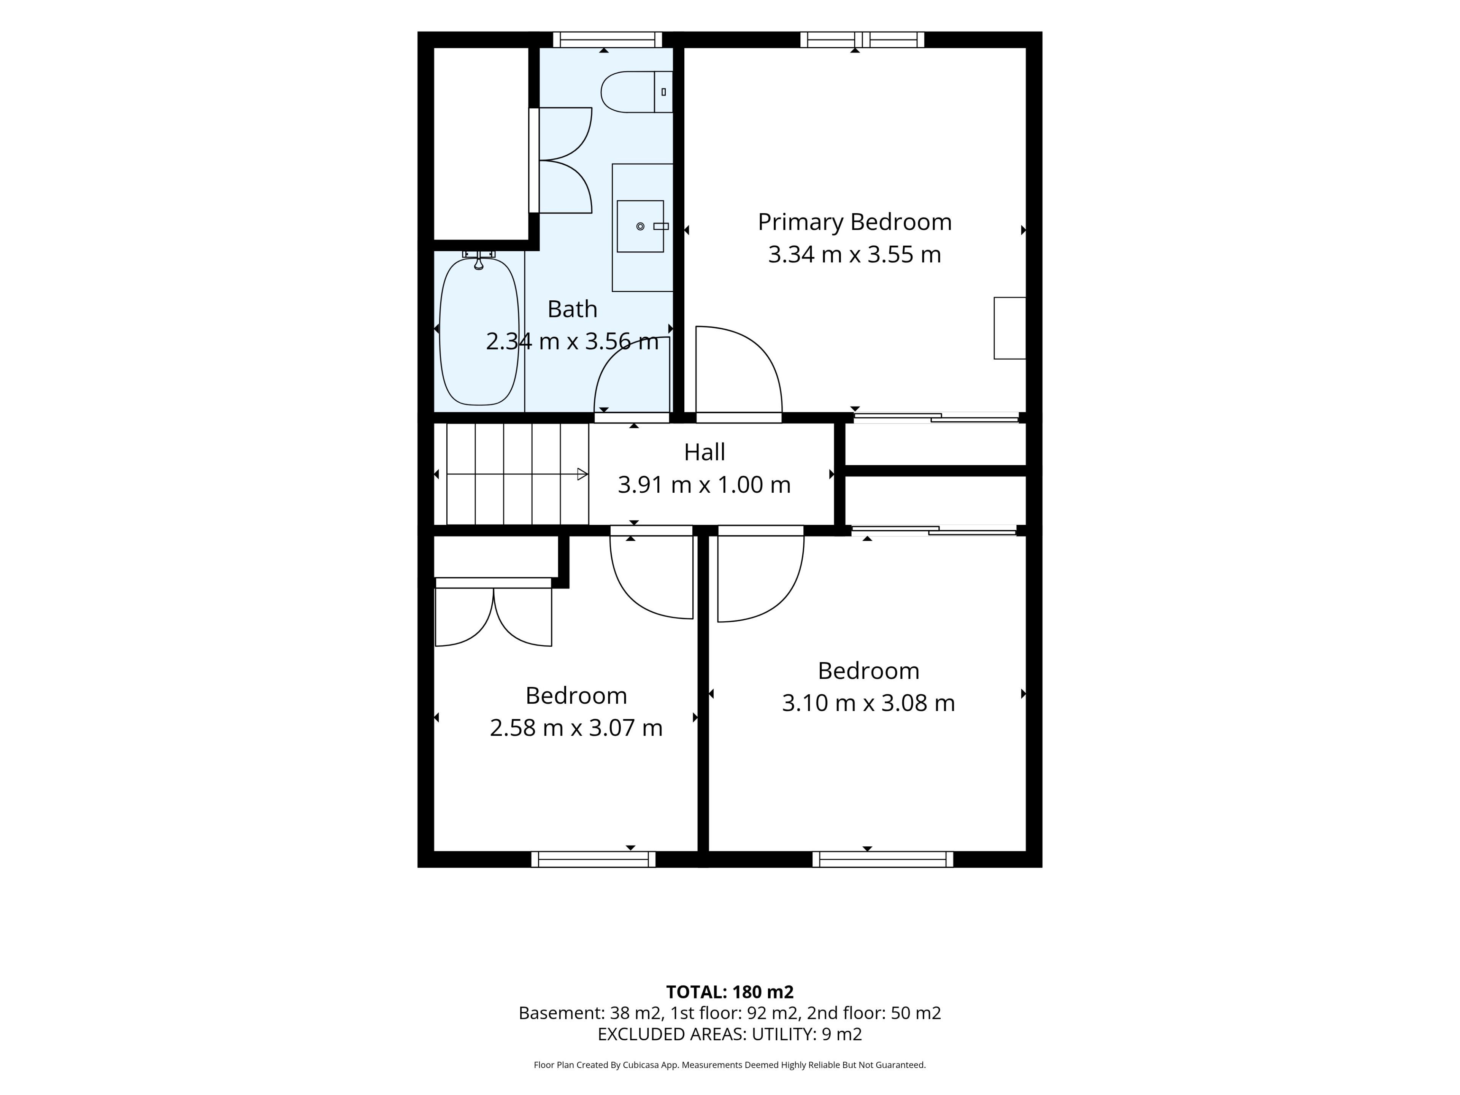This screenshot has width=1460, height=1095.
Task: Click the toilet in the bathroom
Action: coord(636,92)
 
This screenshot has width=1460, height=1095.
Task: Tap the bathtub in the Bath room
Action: coord(479,331)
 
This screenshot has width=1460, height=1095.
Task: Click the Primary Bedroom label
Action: coord(855,222)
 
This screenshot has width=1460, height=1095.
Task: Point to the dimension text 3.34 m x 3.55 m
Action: coord(855,254)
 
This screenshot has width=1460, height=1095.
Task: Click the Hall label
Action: coord(704,452)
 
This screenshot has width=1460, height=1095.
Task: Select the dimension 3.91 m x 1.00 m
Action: coord(704,484)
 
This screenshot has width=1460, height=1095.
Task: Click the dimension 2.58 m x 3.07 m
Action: coord(576,727)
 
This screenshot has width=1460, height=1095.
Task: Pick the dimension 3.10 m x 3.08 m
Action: coord(869,703)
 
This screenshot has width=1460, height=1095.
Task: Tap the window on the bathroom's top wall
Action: coord(607,40)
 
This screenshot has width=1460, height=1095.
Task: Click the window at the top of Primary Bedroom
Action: coord(862,40)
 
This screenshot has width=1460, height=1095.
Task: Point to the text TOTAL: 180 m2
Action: coord(730,992)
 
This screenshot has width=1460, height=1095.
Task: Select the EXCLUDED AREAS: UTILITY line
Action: coord(730,1034)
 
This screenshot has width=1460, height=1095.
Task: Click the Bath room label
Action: coord(572,309)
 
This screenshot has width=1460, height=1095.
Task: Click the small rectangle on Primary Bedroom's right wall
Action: coord(1010,328)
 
